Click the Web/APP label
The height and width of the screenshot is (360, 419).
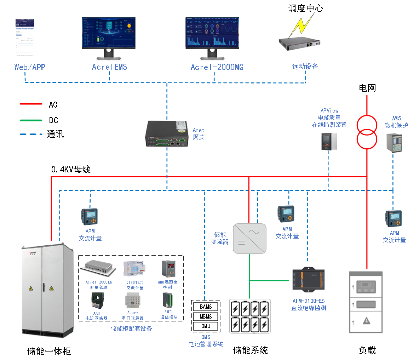(x=30, y=67)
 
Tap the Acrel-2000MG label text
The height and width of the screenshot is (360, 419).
(x=217, y=67)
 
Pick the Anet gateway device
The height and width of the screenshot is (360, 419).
(x=166, y=133)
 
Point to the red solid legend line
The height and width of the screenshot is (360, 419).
(x=31, y=104)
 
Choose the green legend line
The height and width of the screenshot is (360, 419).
(x=31, y=120)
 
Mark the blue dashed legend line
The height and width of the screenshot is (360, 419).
(x=31, y=135)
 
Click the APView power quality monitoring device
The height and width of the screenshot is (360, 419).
(x=329, y=142)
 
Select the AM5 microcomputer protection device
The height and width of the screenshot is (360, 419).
(x=394, y=143)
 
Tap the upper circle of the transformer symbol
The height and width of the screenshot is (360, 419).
(x=367, y=125)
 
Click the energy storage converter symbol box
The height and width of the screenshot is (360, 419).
(x=249, y=238)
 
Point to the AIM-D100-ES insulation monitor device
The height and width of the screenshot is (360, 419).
(x=308, y=278)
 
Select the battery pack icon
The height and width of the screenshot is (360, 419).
(x=249, y=316)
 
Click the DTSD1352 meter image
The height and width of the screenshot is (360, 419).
(x=134, y=269)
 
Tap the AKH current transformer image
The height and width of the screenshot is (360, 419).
(x=97, y=301)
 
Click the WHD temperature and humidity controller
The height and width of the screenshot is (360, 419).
(x=168, y=269)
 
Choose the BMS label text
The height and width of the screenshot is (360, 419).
(x=206, y=337)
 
